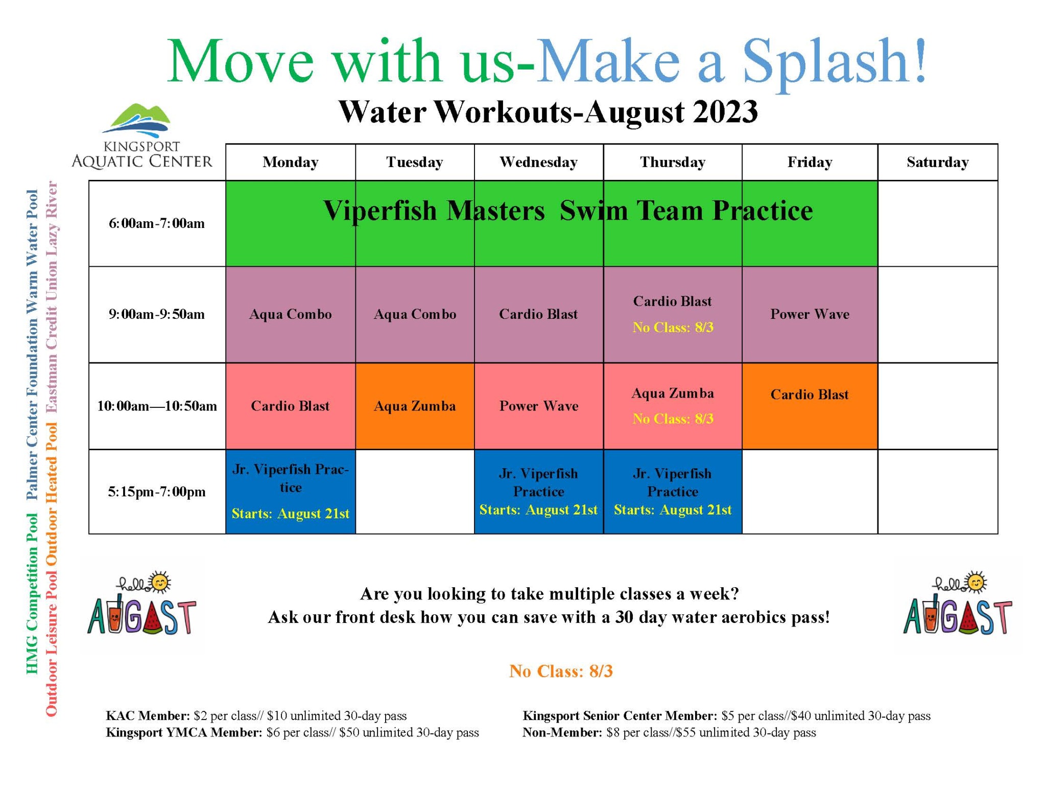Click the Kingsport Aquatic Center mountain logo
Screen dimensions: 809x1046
(137, 121)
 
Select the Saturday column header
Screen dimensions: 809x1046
(937, 162)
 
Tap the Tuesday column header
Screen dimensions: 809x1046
(414, 162)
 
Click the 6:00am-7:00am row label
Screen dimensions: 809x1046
(156, 223)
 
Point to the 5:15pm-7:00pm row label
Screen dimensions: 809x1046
(156, 492)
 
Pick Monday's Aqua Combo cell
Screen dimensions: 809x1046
(290, 314)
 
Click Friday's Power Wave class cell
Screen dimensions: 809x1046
(810, 314)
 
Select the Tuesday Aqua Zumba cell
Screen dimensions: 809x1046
(414, 406)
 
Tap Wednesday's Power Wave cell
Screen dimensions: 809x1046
(538, 406)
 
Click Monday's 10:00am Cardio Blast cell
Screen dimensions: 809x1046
(290, 406)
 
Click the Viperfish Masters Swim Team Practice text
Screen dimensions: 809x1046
(567, 211)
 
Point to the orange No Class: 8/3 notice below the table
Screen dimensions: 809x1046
(561, 671)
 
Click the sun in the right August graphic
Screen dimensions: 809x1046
(976, 583)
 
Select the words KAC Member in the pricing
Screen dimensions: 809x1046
(148, 715)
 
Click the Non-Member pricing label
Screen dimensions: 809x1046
(562, 732)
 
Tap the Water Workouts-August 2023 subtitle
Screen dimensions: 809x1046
(548, 112)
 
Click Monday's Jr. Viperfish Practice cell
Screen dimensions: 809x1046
(290, 491)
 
